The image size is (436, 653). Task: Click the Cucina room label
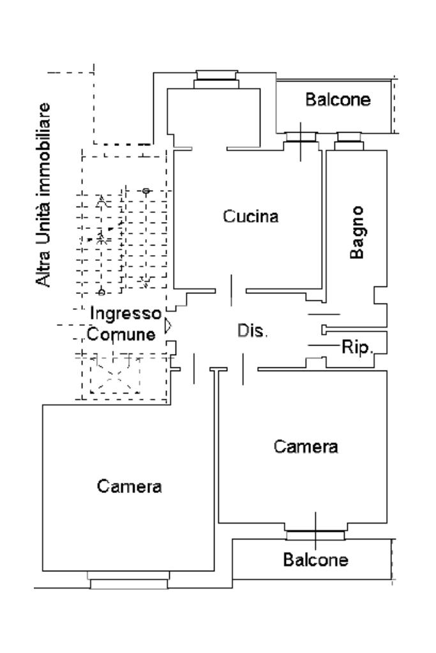(251, 216)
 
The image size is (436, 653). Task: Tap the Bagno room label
(358, 232)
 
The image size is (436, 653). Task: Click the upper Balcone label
(338, 100)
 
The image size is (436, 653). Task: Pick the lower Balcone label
(316, 560)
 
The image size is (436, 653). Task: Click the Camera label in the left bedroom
(130, 487)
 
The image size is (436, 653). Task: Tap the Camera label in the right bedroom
(306, 446)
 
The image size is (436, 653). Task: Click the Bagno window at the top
(349, 138)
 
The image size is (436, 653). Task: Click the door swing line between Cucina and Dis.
(232, 286)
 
